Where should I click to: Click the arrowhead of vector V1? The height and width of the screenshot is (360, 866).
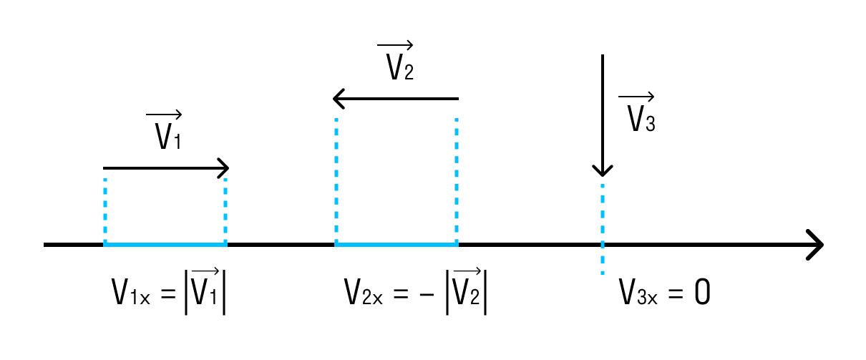[224, 168]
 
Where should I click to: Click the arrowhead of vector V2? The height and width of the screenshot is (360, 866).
[339, 99]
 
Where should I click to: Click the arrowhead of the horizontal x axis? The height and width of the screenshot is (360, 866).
[815, 245]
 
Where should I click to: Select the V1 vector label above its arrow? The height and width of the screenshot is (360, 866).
[167, 132]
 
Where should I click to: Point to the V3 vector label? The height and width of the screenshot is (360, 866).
[638, 115]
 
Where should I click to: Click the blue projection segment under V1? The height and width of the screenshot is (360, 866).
[165, 245]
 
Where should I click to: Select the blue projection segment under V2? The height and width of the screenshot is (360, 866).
[396, 245]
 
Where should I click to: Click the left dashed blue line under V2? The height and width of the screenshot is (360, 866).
[336, 179]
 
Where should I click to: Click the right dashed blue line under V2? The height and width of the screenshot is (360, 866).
[457, 179]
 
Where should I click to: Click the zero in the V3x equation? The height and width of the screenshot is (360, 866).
[702, 294]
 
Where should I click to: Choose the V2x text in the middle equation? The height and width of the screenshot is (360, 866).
[364, 294]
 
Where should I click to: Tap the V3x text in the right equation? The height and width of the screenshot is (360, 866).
[638, 294]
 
